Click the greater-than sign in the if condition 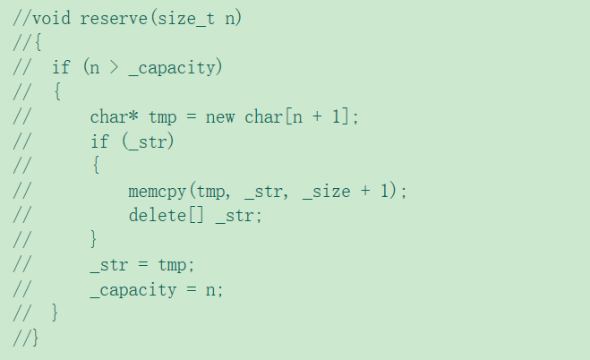pyautogui.click(x=114, y=67)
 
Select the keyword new pyautogui.click(x=220, y=116)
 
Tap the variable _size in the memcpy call pyautogui.click(x=326, y=191)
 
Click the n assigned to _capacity pyautogui.click(x=215, y=290)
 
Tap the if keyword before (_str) pyautogui.click(x=99, y=141)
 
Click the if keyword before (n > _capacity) pyautogui.click(x=61, y=67)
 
